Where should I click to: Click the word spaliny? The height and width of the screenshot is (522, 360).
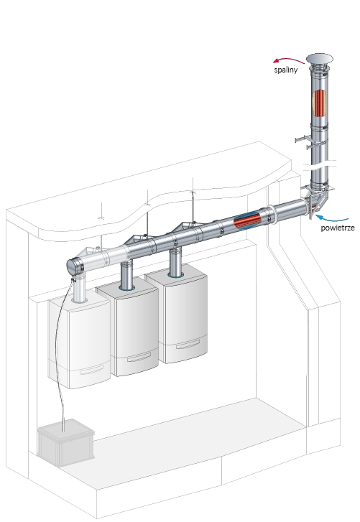pyautogui.click(x=286, y=70)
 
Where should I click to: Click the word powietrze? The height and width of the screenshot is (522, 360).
pyautogui.click(x=338, y=228)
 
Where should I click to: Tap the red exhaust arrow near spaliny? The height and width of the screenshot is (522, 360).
pyautogui.click(x=288, y=60)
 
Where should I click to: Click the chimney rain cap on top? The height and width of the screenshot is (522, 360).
pyautogui.click(x=319, y=59)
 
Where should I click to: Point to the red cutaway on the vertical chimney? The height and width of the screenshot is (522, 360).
pyautogui.click(x=319, y=103)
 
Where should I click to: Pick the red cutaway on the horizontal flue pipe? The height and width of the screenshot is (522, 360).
pyautogui.click(x=247, y=220)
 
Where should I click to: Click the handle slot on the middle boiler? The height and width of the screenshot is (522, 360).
pyautogui.click(x=139, y=358)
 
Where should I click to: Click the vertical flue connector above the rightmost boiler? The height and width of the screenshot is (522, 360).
pyautogui.click(x=175, y=262)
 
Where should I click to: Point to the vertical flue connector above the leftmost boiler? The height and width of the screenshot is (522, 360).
pyautogui.click(x=80, y=289)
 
